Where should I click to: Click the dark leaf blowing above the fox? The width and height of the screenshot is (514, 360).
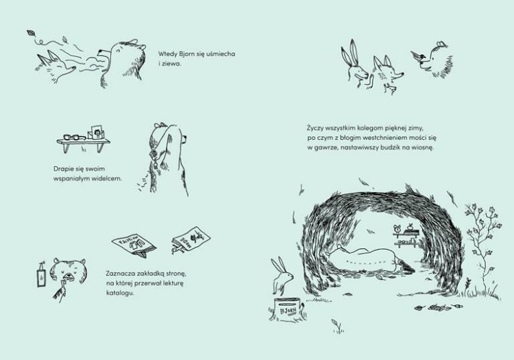[31, 33]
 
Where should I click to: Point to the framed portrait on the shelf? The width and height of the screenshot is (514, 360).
[97, 132]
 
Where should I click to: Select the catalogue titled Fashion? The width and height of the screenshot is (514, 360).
[134, 245]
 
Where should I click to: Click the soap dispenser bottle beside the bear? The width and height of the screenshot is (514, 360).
[41, 276]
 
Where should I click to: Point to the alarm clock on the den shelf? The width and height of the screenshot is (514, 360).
[398, 228]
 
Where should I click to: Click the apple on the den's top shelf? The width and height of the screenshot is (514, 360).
[410, 226]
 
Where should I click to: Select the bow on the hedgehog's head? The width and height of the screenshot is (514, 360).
[441, 45]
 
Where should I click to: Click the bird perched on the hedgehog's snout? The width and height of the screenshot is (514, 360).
[417, 56]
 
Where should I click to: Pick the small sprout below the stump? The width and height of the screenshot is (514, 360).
[337, 326]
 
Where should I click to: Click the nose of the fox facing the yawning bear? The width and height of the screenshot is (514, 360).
[75, 68]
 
